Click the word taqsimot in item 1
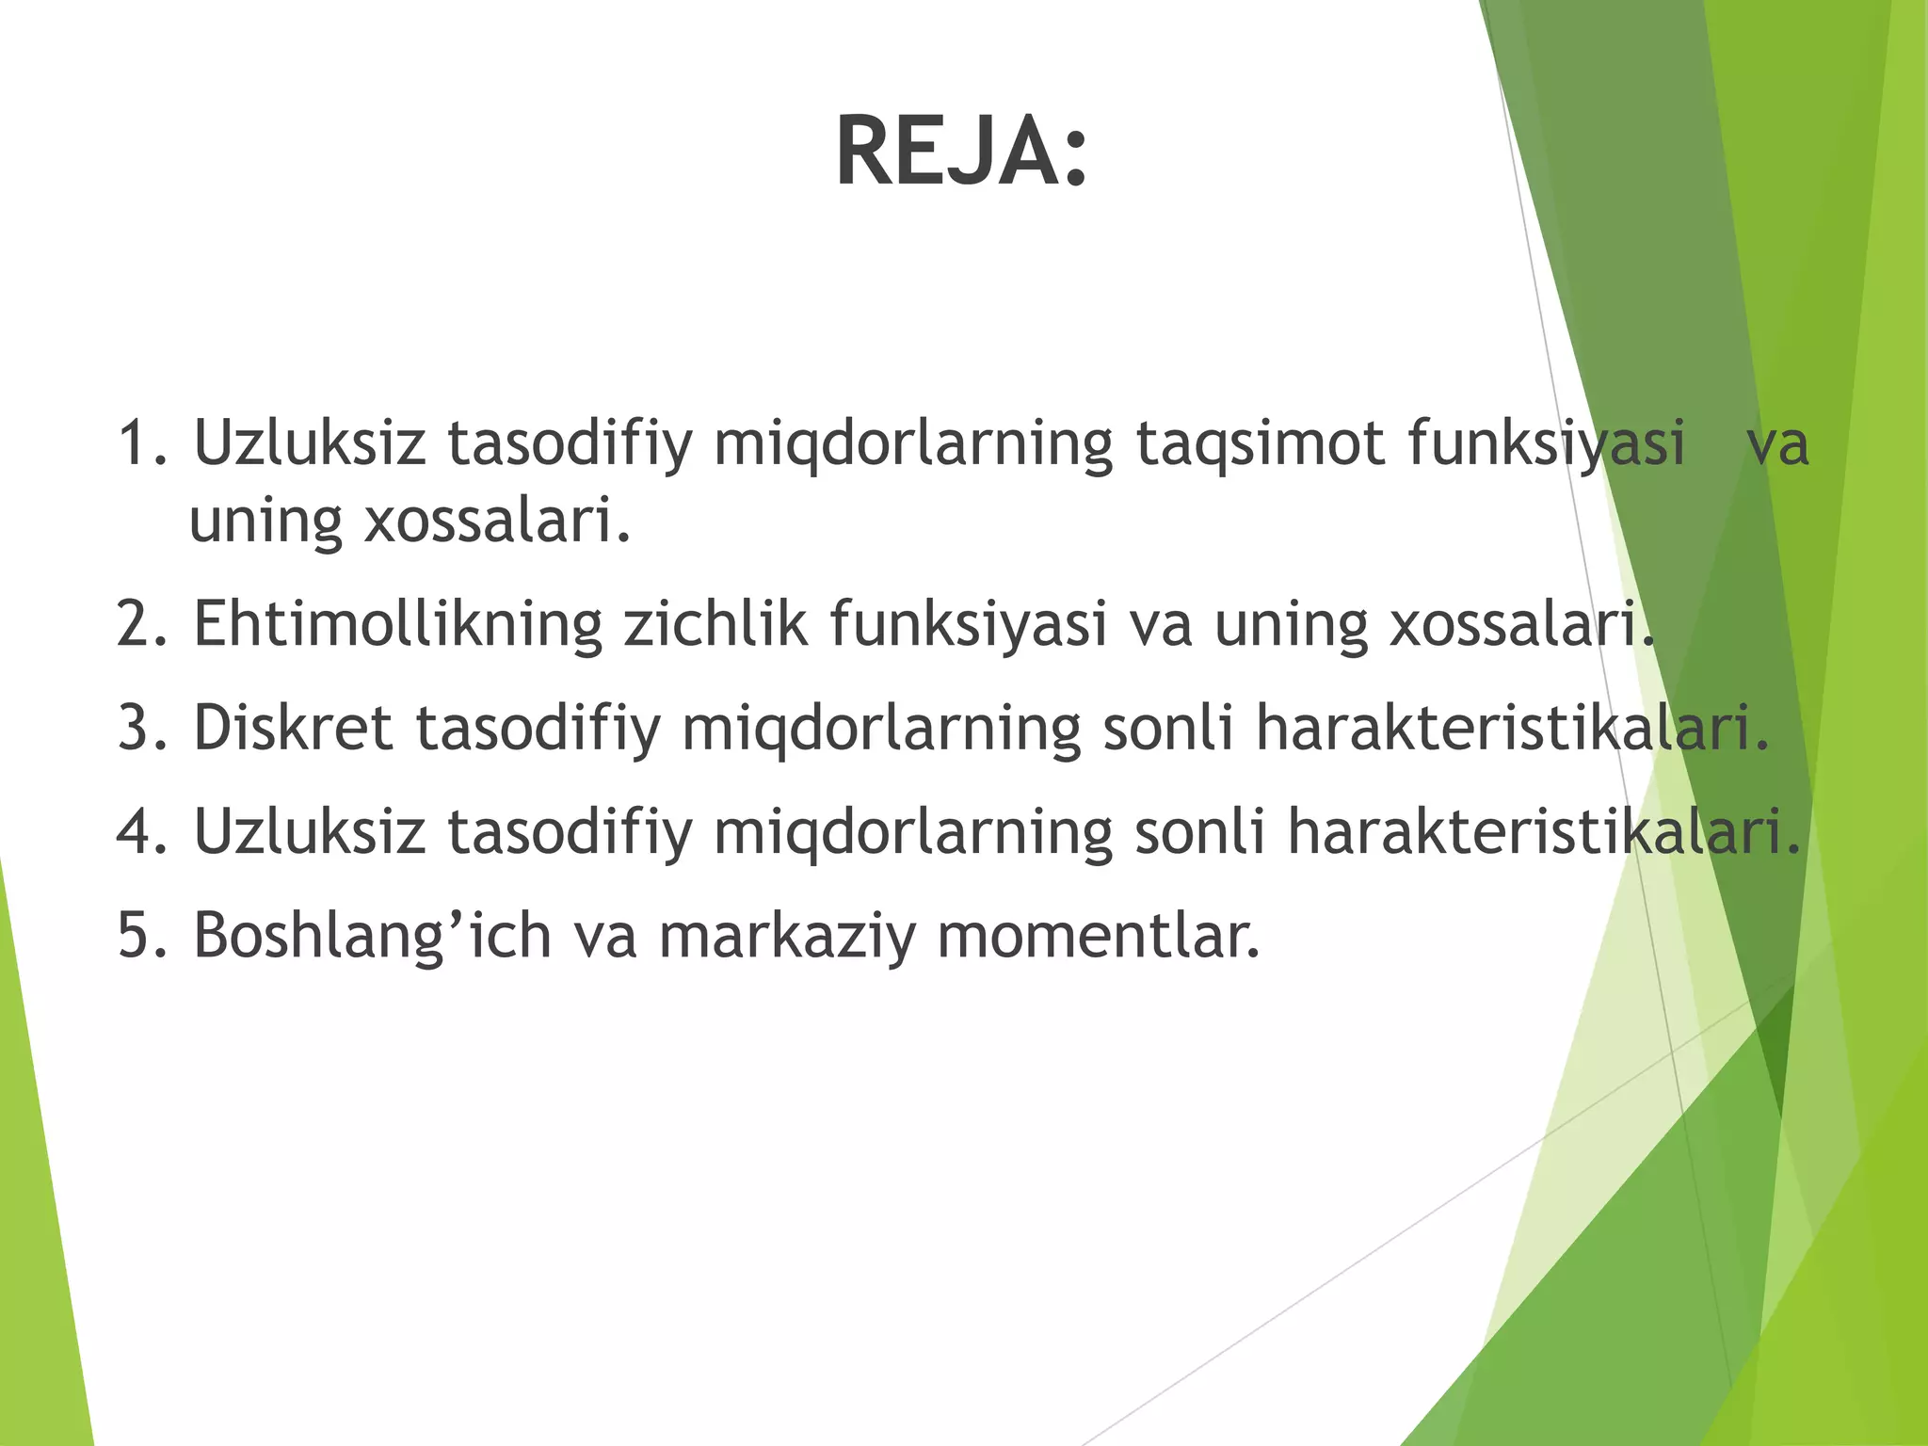point(1259,444)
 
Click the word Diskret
point(292,728)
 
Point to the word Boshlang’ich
point(372,938)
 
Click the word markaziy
point(786,938)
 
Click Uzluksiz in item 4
point(309,832)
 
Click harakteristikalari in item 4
point(1542,832)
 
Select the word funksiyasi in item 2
point(968,624)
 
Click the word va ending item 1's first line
point(1776,444)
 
